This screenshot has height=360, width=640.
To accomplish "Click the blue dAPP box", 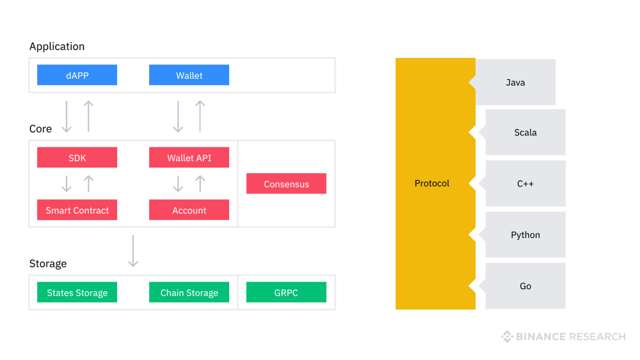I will [77, 75].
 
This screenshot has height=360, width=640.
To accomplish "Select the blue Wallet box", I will [189, 75].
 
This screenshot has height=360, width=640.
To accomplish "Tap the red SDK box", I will [77, 157].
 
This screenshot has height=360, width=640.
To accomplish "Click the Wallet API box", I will [189, 157].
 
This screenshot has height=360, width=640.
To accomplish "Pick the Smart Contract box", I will [77, 210].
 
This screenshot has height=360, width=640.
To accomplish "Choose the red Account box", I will [189, 210].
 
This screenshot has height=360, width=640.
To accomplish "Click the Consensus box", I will [286, 184].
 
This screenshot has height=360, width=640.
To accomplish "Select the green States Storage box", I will [77, 292].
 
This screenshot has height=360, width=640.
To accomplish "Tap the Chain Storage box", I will [189, 292].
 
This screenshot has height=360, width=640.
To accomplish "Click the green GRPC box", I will [286, 292].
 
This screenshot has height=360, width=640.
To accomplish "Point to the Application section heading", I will [57, 46].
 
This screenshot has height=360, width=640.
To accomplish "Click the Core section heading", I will [40, 129].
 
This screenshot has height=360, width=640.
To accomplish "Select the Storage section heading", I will [48, 264].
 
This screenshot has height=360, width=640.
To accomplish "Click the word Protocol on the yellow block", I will [432, 183].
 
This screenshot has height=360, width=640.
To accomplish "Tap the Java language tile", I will [515, 82].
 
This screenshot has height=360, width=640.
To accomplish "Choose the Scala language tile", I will [525, 132].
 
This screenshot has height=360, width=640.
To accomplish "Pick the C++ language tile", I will [525, 184].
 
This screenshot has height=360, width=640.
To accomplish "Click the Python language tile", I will [525, 235].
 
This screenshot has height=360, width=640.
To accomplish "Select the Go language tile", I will [525, 286].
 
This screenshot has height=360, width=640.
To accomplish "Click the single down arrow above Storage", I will [133, 251].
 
